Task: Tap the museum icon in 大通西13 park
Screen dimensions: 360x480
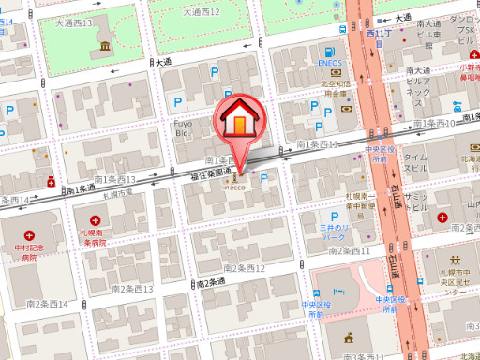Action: point(100,46)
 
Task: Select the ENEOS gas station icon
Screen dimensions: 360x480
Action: point(330,53)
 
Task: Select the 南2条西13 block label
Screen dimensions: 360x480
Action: point(131,290)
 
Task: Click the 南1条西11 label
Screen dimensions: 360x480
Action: point(316,145)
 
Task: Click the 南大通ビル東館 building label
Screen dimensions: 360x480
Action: point(429,36)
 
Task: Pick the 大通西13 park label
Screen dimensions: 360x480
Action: point(74,22)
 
